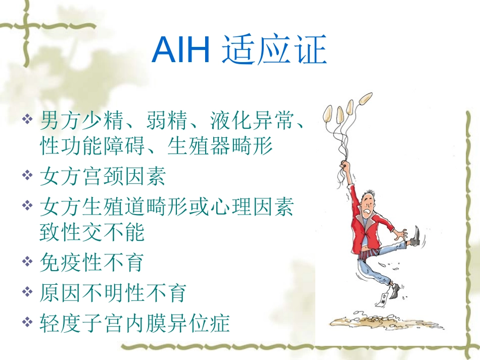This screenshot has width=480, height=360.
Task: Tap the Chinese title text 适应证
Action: coord(274,50)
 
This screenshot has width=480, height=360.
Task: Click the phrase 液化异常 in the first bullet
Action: coord(250,120)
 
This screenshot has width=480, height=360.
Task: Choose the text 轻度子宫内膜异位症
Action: coord(134,322)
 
